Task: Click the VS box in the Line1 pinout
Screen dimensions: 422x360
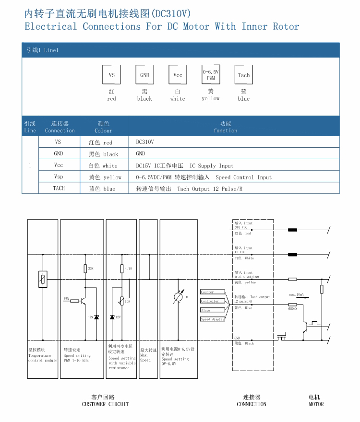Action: pyautogui.click(x=111, y=75)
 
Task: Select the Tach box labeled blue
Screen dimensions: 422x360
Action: pyautogui.click(x=243, y=75)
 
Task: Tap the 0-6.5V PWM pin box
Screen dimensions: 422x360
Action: pyautogui.click(x=211, y=75)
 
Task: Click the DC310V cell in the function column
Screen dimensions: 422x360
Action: pyautogui.click(x=145, y=142)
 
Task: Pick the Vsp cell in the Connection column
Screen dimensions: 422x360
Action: pyautogui.click(x=59, y=177)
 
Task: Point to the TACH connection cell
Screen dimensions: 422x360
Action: pyautogui.click(x=59, y=188)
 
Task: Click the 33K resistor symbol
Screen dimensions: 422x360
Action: pyautogui.click(x=85, y=269)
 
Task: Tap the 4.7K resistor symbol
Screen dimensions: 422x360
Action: pyautogui.click(x=122, y=269)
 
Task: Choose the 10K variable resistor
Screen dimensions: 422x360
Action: pyautogui.click(x=122, y=301)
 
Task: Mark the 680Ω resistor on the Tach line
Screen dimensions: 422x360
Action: pyautogui.click(x=292, y=304)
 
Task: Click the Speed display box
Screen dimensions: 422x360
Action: pyautogui.click(x=212, y=319)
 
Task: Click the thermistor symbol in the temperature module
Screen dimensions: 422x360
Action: pyautogui.click(x=43, y=279)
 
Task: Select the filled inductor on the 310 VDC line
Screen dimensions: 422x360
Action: pyautogui.click(x=292, y=230)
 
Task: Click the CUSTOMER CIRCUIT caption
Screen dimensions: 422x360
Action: pyautogui.click(x=105, y=404)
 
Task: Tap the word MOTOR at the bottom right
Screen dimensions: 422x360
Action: pyautogui.click(x=316, y=404)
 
